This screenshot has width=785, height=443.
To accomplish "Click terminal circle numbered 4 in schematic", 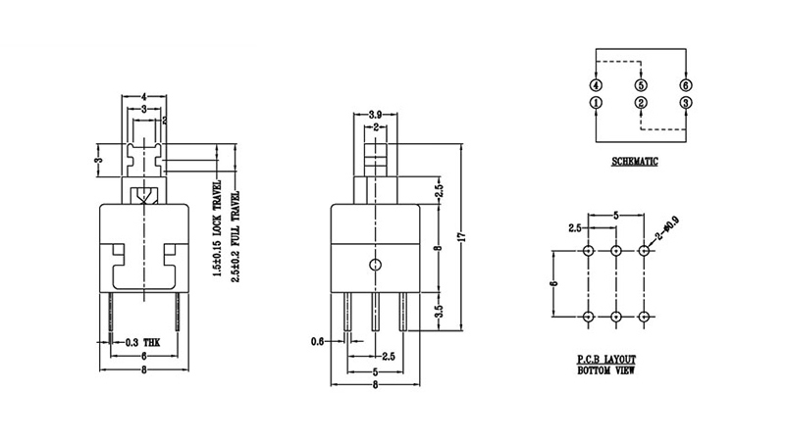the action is tap(596, 85).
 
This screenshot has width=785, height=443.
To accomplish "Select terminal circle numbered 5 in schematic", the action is tap(641, 85).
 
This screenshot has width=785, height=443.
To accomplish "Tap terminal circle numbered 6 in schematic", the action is tap(686, 85).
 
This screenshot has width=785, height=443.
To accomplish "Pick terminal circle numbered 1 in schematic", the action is tap(596, 103).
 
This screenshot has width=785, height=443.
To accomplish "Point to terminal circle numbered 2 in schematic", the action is tap(641, 103).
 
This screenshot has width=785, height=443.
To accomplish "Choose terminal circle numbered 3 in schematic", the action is tap(686, 103).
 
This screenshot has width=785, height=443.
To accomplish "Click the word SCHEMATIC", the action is tap(634, 162).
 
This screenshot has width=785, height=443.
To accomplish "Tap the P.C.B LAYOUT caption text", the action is tap(606, 359).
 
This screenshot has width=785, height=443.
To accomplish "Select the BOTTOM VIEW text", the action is tap(606, 370).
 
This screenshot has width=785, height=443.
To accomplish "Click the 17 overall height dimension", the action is tap(462, 236).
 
